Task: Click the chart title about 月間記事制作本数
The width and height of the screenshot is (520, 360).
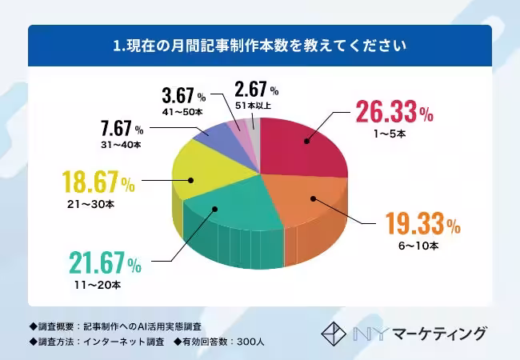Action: [x=260, y=46]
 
